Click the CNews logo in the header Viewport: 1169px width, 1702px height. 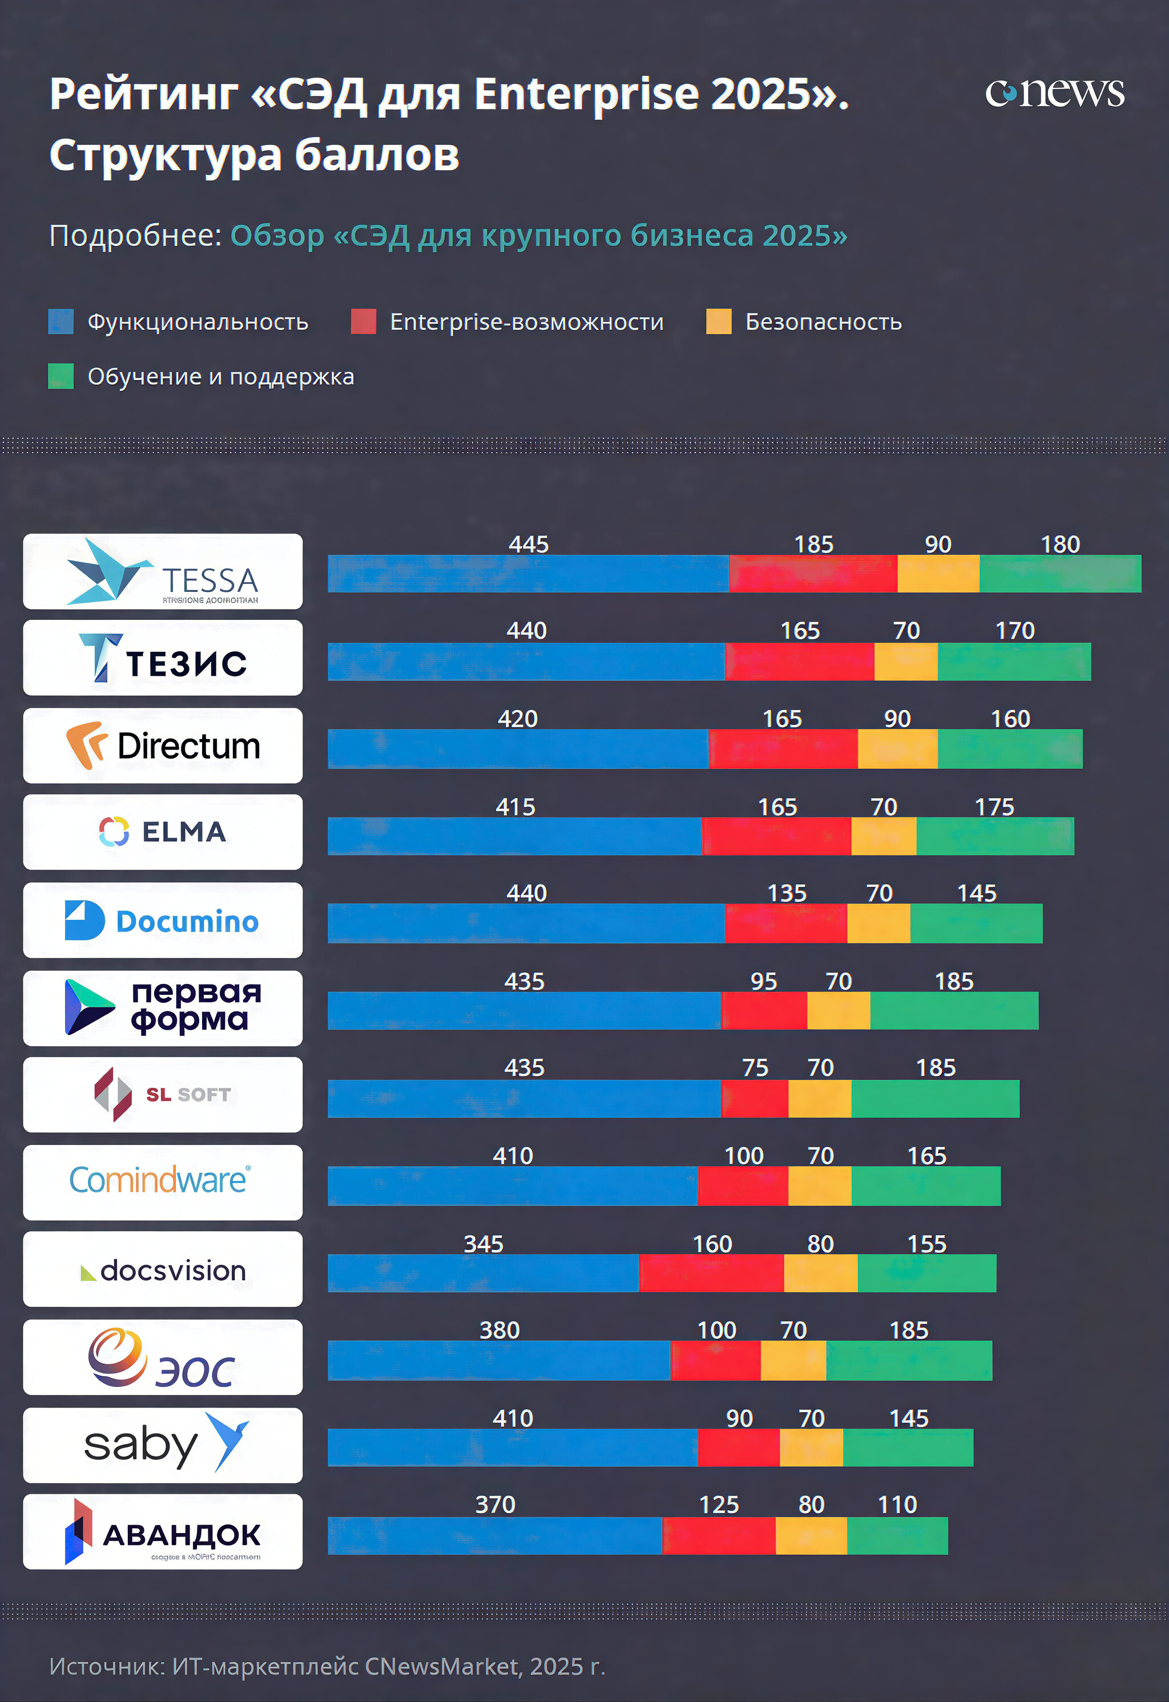point(1054,92)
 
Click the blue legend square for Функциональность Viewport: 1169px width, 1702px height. point(61,321)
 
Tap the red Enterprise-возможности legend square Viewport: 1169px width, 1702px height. point(363,321)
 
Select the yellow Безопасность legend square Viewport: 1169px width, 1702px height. point(719,321)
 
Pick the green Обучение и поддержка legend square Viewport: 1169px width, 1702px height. point(61,377)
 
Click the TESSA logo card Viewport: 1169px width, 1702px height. point(163,571)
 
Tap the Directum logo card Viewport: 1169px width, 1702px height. point(163,745)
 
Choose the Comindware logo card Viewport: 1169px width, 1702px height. point(163,1182)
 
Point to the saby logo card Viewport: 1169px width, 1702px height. point(163,1445)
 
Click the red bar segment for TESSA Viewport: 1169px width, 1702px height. point(813,574)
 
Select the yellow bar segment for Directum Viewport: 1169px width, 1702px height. point(897,748)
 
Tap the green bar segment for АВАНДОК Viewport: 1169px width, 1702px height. point(897,1536)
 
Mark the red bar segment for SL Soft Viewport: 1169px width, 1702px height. point(755,1099)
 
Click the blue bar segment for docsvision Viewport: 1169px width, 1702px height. point(483,1273)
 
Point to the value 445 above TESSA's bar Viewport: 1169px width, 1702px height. point(528,544)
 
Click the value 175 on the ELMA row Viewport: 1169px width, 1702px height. point(994,807)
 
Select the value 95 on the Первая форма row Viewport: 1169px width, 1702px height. point(763,981)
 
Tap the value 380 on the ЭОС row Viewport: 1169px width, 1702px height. point(499,1330)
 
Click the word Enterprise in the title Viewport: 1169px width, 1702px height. point(586,95)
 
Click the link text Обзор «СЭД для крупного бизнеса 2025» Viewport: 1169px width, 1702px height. point(538,236)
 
